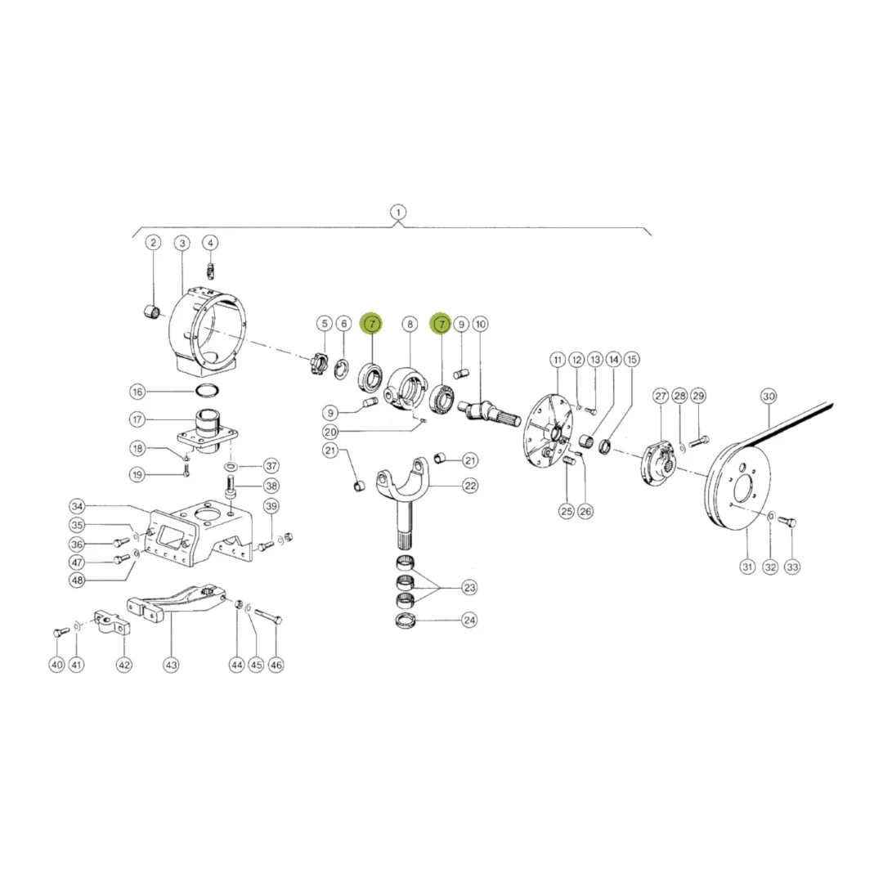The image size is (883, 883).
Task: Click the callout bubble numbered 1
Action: click(398, 213)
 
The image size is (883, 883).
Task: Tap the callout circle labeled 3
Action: click(182, 244)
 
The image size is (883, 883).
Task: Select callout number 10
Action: click(481, 324)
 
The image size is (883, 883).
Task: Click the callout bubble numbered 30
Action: click(769, 396)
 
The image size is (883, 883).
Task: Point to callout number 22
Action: click(470, 486)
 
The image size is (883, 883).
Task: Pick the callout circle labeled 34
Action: click(77, 506)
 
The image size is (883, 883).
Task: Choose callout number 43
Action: click(171, 665)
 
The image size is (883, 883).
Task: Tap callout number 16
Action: click(137, 392)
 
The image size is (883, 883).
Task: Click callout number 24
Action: click(469, 621)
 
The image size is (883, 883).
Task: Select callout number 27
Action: click(661, 396)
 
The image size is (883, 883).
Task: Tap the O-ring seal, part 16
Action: click(207, 390)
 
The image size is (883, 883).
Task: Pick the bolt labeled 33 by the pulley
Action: click(787, 522)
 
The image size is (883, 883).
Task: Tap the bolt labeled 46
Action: click(268, 616)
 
